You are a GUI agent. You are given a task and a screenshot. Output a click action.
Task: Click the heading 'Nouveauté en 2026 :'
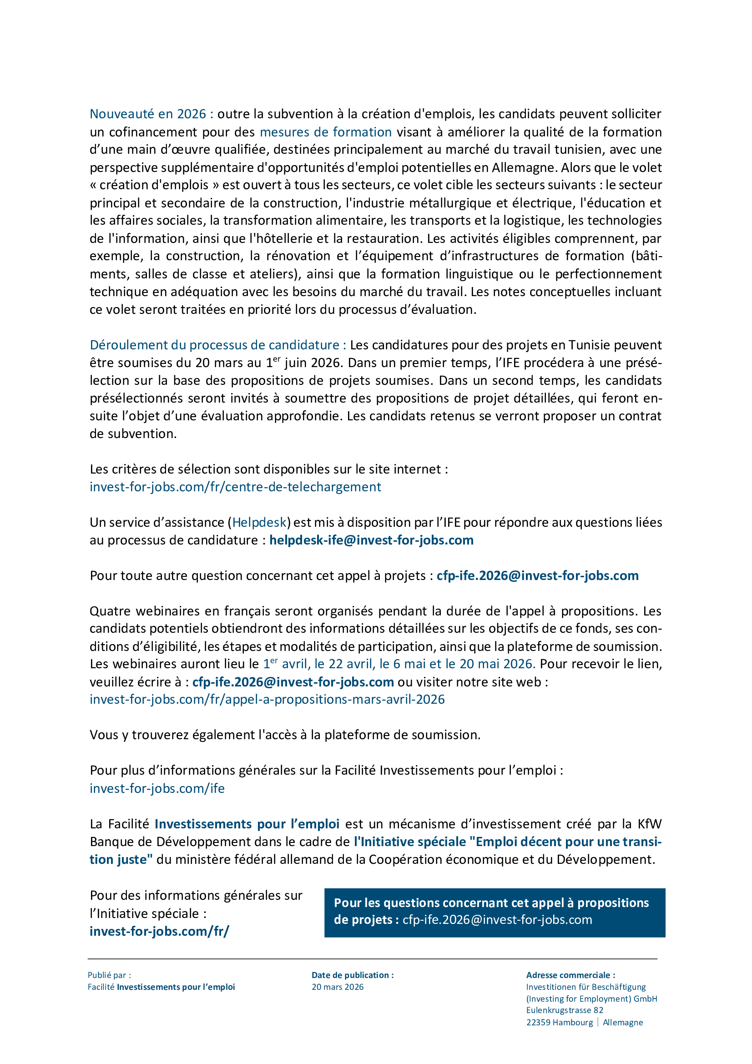[x=151, y=114]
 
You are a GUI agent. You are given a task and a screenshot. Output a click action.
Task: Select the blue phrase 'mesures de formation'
[x=325, y=132]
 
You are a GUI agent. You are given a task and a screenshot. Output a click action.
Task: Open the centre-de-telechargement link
[x=235, y=487]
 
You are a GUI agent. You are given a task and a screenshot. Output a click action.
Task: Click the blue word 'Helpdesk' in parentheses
[x=259, y=522]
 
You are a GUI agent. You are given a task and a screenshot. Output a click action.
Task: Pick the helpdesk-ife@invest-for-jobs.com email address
[x=371, y=540]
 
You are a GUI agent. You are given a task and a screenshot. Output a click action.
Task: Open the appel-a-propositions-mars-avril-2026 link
[x=267, y=699]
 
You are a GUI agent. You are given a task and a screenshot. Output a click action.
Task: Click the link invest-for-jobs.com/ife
[x=157, y=788]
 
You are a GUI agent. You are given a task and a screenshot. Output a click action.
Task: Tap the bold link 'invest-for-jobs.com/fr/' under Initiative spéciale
[x=159, y=931]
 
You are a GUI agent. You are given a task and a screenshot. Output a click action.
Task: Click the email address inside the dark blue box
[x=497, y=919]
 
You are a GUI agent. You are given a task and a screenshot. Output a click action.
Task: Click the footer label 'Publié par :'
[x=109, y=975]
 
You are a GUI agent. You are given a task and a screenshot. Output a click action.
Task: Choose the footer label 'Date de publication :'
[x=352, y=975]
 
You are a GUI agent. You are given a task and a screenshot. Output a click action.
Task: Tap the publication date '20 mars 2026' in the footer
[x=337, y=987]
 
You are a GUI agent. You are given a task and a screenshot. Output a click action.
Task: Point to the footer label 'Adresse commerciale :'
[x=570, y=975]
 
